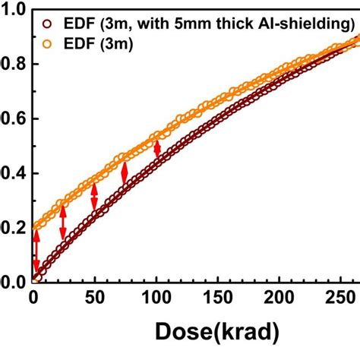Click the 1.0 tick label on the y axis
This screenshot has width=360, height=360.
click(13, 10)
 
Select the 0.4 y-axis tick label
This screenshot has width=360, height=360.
click(13, 174)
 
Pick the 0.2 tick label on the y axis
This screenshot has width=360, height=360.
click(13, 229)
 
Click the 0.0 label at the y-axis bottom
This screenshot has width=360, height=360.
click(13, 283)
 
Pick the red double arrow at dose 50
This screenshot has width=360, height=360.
click(94, 197)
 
